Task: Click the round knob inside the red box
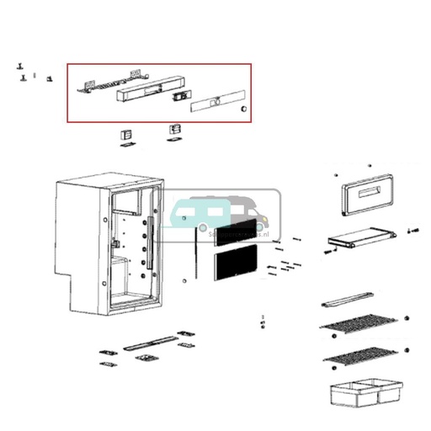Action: click(x=243, y=109)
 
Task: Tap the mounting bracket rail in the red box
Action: click(x=106, y=82)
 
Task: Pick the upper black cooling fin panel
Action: click(x=237, y=234)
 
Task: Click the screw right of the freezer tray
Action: click(x=412, y=229)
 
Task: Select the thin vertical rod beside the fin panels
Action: click(x=195, y=258)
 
